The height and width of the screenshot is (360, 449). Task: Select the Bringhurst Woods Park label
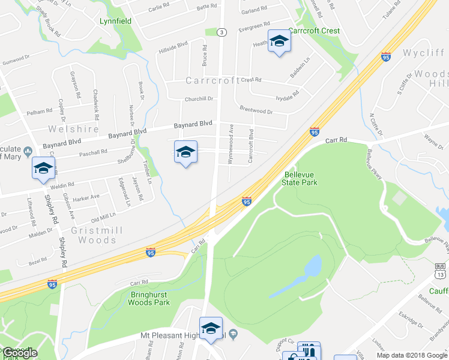(149, 298)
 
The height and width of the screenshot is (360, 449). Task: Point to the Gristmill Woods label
(93, 235)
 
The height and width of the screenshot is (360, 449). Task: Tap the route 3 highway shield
(222, 32)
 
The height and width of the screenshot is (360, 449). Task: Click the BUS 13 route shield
(439, 272)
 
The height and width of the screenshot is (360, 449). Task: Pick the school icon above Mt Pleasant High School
(211, 328)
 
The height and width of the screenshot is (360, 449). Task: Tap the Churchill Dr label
(199, 98)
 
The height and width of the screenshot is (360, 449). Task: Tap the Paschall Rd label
(92, 152)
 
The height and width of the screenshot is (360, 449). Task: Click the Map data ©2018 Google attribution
(412, 355)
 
